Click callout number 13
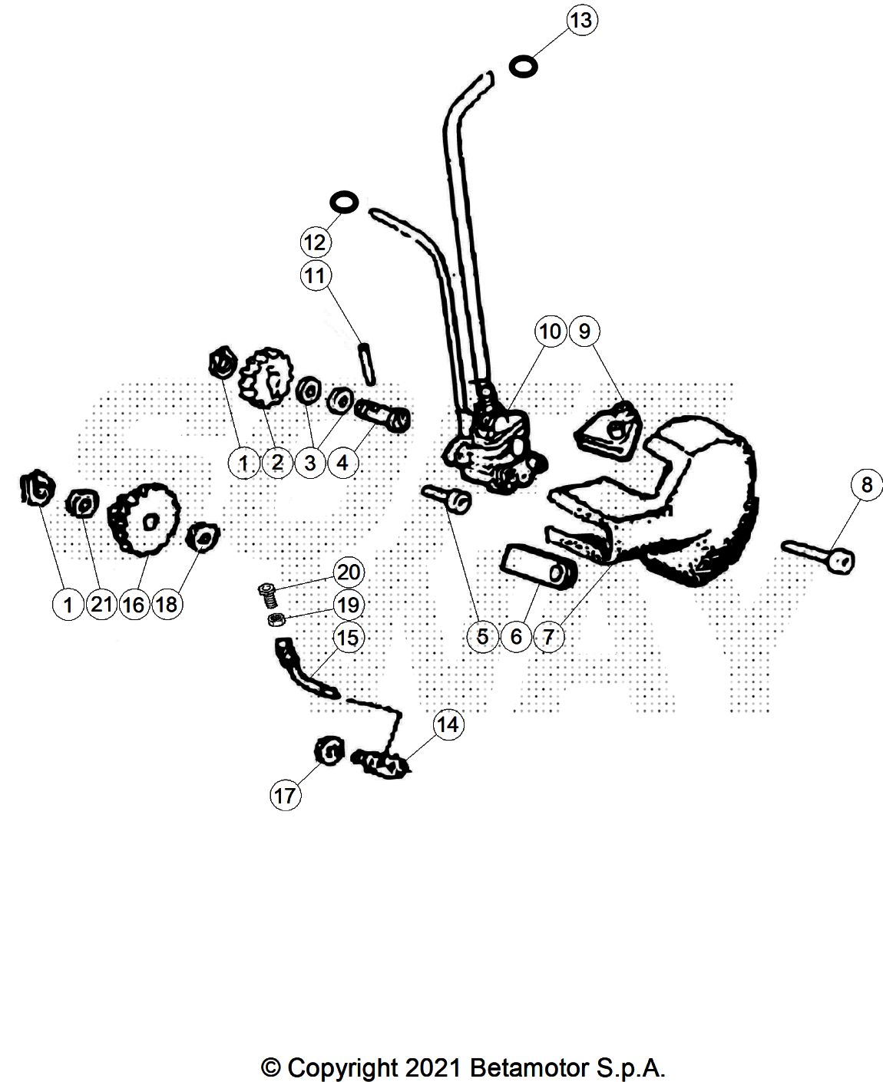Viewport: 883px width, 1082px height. click(x=582, y=21)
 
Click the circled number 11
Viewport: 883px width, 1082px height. click(x=316, y=275)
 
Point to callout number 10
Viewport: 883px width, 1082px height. click(x=551, y=332)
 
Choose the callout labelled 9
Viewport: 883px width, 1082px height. click(x=584, y=332)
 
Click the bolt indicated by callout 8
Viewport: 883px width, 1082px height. click(x=819, y=558)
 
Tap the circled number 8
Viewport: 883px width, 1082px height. click(x=867, y=485)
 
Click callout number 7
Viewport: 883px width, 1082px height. click(x=549, y=637)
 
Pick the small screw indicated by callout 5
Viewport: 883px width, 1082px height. click(x=445, y=498)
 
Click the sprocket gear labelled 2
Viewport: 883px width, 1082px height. click(x=266, y=377)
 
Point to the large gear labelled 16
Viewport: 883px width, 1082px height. click(x=144, y=520)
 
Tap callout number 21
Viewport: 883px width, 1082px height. click(x=101, y=605)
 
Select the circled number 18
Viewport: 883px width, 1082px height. click(x=167, y=605)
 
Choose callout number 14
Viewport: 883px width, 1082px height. click(x=448, y=724)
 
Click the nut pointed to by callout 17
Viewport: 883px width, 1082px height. click(x=329, y=750)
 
